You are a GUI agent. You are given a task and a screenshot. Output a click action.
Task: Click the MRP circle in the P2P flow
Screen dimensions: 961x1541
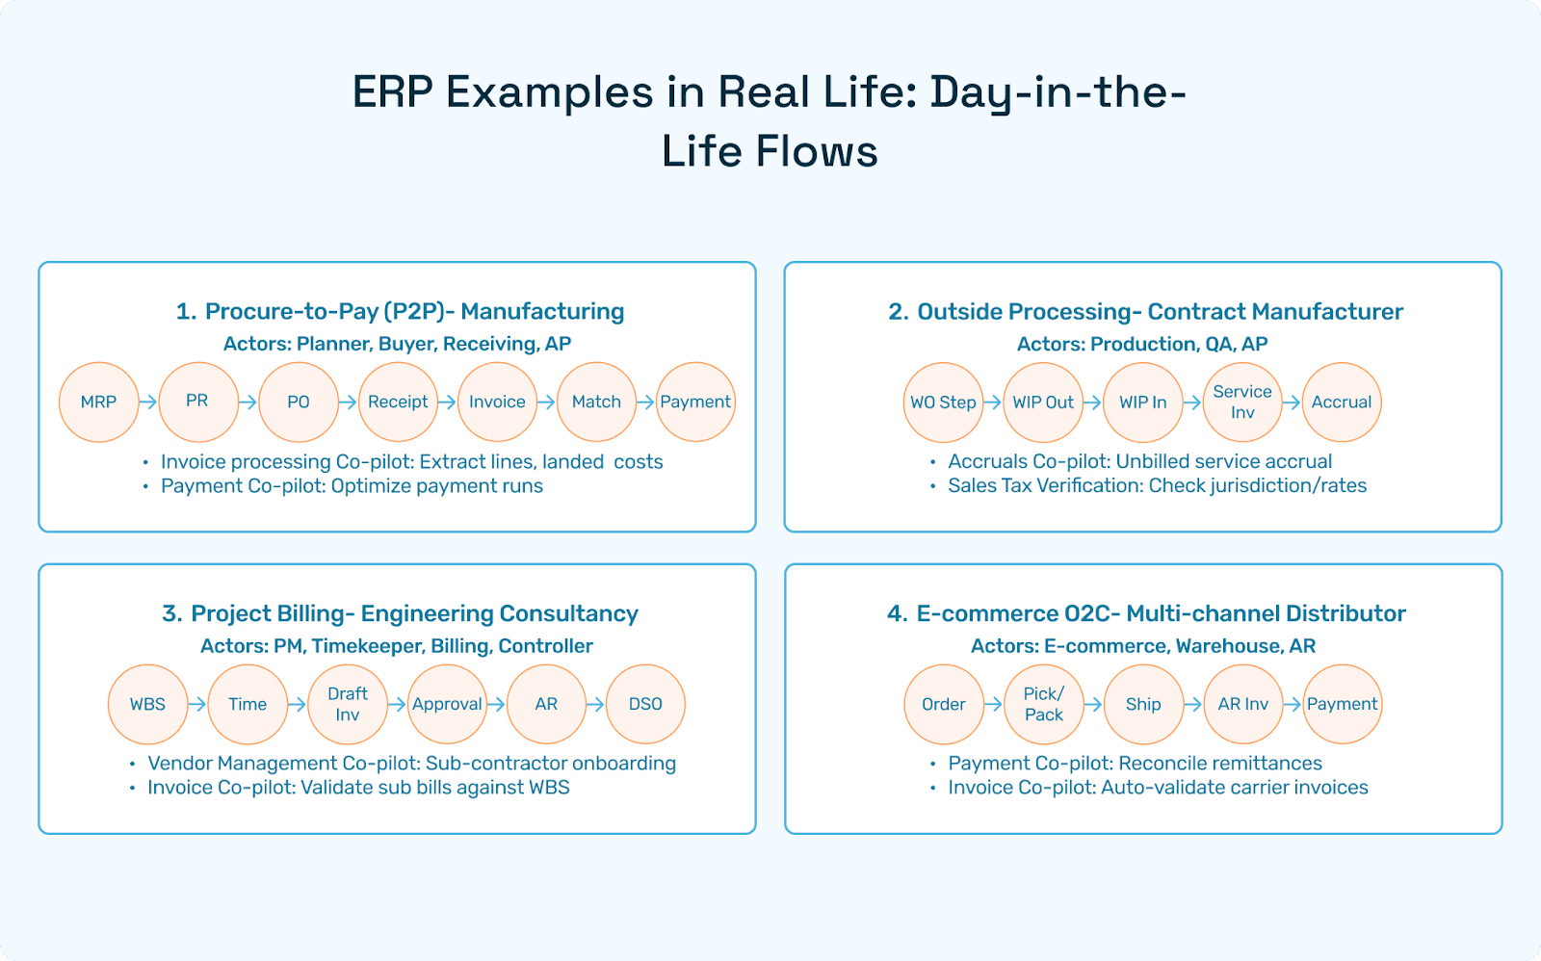(98, 403)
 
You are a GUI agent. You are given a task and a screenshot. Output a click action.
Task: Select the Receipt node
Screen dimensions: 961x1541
(398, 403)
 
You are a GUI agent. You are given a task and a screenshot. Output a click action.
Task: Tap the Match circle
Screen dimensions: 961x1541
(596, 403)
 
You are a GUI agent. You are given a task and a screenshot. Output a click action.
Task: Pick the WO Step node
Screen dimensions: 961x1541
(944, 403)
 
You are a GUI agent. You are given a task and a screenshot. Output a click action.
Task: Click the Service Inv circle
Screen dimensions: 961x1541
(1242, 403)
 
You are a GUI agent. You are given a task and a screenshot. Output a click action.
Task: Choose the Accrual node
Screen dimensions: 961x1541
(1342, 403)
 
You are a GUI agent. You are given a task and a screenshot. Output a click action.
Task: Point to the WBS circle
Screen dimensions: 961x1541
(147, 704)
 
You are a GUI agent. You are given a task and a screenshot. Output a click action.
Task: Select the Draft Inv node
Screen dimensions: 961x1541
(348, 704)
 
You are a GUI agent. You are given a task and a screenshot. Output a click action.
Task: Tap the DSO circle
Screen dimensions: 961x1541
(645, 704)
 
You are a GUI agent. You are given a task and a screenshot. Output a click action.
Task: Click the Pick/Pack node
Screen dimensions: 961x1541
(1044, 704)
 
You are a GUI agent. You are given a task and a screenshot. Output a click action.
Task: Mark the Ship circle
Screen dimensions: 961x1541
(1143, 704)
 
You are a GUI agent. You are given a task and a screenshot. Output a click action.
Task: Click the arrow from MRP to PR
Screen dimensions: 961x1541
(148, 403)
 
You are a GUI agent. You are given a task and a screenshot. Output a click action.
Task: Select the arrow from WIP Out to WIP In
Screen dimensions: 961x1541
(1093, 403)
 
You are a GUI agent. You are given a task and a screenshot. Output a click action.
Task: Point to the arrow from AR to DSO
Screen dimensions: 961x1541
(596, 704)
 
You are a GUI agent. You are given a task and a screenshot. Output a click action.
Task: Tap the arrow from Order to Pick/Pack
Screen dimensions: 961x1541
(994, 704)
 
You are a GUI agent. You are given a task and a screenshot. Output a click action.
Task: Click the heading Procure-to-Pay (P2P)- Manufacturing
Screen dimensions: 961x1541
(400, 311)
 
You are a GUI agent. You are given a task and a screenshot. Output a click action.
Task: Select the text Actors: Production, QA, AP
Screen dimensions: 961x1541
(1142, 344)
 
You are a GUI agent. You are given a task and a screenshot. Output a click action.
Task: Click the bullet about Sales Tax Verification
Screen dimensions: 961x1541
(1157, 485)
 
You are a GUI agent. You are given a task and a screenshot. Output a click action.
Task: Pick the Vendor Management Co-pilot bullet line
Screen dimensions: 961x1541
(411, 763)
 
